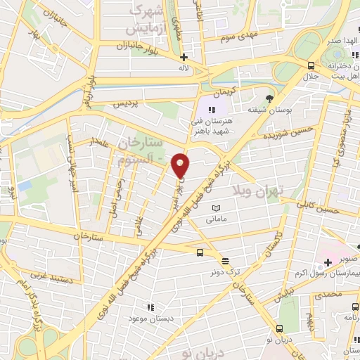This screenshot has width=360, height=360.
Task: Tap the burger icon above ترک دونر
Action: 224,261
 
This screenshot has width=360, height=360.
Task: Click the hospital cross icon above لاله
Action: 184,58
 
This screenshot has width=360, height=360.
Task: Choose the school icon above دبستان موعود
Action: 149,307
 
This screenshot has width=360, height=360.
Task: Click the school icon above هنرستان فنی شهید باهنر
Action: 211,110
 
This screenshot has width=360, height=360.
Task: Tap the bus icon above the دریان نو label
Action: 280,328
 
